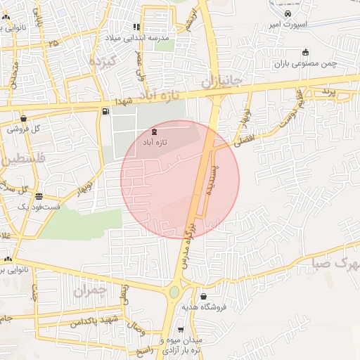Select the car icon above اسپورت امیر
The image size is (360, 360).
[288, 14]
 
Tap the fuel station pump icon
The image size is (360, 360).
[105, 111]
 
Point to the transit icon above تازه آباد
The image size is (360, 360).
[155, 131]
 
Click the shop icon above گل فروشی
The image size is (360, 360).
[25, 119]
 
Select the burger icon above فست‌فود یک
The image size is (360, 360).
[38, 196]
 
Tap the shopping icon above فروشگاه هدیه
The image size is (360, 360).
[203, 297]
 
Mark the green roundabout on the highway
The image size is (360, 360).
[174, 292]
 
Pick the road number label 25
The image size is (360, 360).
[53, 43]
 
